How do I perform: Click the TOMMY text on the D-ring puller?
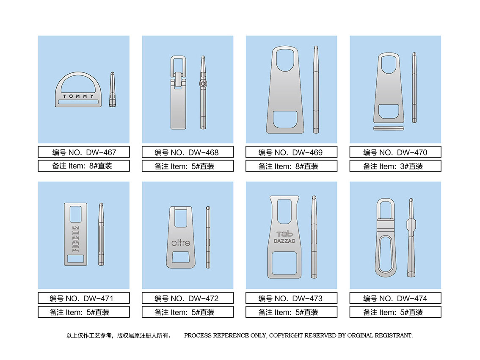(x=78, y=96)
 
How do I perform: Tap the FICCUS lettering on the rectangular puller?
(x=76, y=239)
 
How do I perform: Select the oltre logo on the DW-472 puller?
(x=181, y=243)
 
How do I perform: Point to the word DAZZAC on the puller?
(x=284, y=241)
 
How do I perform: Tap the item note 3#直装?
(x=411, y=166)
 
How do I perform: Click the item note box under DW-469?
(x=291, y=166)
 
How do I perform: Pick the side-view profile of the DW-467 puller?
(x=112, y=89)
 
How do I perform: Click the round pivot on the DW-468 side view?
(x=203, y=83)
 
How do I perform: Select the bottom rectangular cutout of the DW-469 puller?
(x=285, y=119)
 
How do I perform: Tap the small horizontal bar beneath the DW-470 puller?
(x=389, y=128)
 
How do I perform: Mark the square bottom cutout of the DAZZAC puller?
(x=284, y=263)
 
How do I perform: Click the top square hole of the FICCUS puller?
(x=76, y=214)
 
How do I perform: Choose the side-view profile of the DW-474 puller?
(x=411, y=238)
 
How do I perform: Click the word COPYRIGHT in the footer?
(x=286, y=335)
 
